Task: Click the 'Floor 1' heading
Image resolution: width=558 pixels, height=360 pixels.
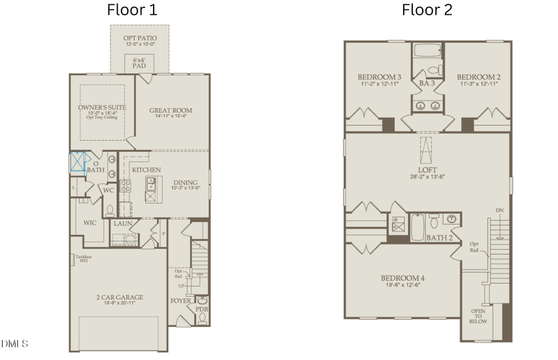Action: pos(132,10)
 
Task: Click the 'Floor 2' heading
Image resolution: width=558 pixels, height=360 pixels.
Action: pos(427,10)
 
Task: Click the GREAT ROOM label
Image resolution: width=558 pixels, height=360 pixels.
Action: pos(170,111)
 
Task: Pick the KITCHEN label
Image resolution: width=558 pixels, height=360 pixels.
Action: pos(146,170)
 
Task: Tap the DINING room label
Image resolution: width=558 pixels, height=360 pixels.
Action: pos(185,183)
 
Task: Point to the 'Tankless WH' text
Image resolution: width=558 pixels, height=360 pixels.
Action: pos(83,258)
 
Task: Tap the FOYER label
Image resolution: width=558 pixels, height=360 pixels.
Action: pos(181,301)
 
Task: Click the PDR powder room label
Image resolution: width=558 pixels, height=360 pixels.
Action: pos(202,309)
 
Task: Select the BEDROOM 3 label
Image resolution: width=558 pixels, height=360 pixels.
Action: pos(379,77)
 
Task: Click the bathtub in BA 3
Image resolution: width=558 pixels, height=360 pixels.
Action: pos(427,51)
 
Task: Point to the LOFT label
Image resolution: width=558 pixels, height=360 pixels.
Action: pos(427,170)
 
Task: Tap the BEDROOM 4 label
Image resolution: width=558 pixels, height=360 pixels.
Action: pos(402,278)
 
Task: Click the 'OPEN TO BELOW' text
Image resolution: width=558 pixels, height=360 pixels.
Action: pos(477,317)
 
